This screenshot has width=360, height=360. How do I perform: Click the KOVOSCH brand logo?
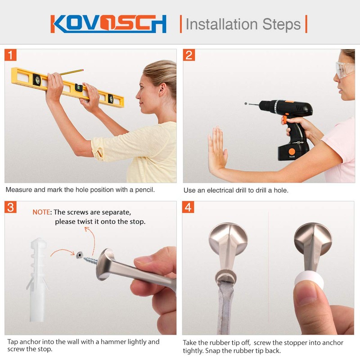[x=108, y=24]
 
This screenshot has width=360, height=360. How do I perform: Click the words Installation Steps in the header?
[x=243, y=24]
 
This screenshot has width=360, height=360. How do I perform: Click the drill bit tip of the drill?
[x=246, y=104]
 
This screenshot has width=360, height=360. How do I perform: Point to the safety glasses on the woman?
[x=345, y=70]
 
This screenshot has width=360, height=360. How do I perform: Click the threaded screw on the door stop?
[x=90, y=260]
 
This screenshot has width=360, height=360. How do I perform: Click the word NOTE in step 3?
[x=41, y=212]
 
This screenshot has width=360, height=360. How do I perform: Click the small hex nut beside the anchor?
[x=79, y=255]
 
